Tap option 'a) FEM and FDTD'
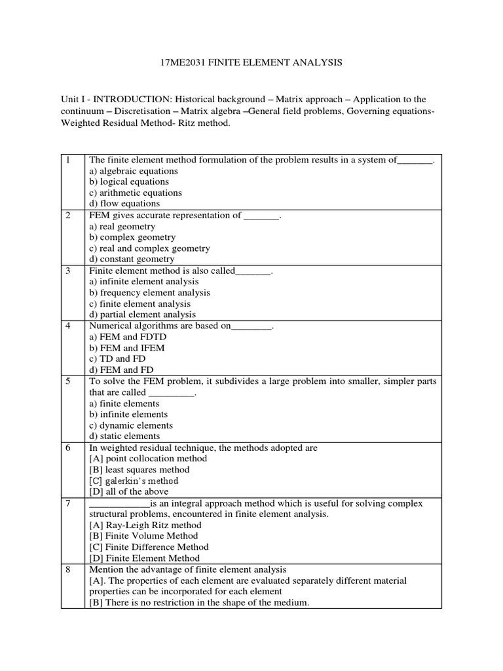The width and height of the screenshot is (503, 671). [x=123, y=337]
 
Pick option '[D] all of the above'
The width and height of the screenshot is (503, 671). [x=128, y=491]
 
